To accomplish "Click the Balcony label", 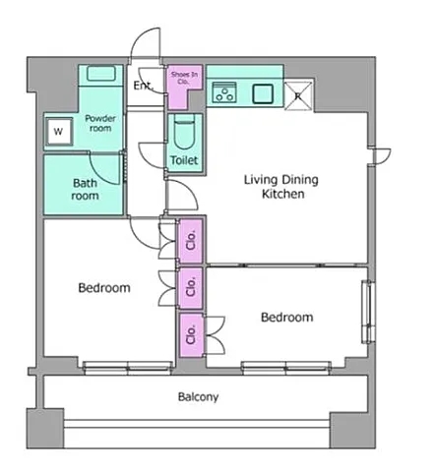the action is pyautogui.click(x=198, y=397).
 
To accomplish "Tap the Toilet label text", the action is pyautogui.click(x=184, y=160).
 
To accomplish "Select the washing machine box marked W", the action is pyautogui.click(x=59, y=132).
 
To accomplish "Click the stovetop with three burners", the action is pyautogui.click(x=224, y=92).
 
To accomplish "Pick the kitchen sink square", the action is pyautogui.click(x=263, y=94).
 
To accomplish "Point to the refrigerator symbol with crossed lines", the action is pyautogui.click(x=298, y=95).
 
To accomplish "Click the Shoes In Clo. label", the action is pyautogui.click(x=184, y=78).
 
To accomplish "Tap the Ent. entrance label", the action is pyautogui.click(x=143, y=86).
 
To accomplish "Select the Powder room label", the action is pyautogui.click(x=100, y=123).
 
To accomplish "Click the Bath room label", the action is pyautogui.click(x=85, y=189).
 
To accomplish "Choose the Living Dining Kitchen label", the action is pyautogui.click(x=281, y=187).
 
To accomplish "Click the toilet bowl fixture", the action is pyautogui.click(x=184, y=132).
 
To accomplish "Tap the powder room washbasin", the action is pyautogui.click(x=101, y=74).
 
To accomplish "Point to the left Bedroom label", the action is pyautogui.click(x=104, y=288).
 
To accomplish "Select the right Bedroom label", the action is pyautogui.click(x=287, y=317).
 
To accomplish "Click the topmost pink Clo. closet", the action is pyautogui.click(x=191, y=241).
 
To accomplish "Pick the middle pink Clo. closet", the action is pyautogui.click(x=191, y=288).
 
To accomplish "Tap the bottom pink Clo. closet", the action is pyautogui.click(x=191, y=334).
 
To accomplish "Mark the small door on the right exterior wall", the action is pyautogui.click(x=381, y=156).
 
